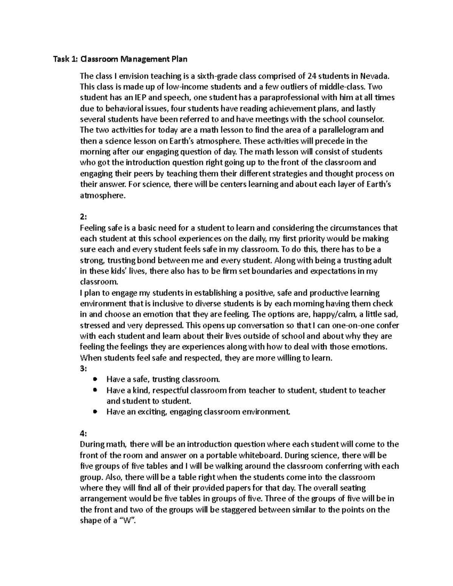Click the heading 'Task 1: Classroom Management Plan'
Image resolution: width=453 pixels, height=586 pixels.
click(x=120, y=59)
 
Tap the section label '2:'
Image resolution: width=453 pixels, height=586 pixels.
click(x=83, y=217)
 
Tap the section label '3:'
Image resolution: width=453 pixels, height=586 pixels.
click(x=83, y=369)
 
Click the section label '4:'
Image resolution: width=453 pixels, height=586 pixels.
click(x=83, y=434)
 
